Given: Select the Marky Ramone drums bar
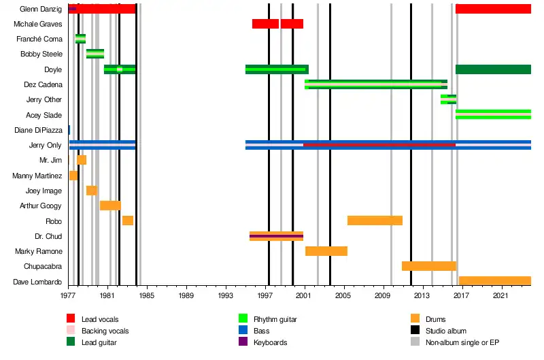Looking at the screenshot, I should (x=326, y=251).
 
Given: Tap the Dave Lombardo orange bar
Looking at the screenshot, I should (x=494, y=281).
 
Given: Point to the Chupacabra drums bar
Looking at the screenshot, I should (x=428, y=266).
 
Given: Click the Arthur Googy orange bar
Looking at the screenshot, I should (x=110, y=206).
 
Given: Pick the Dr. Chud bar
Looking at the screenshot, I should (x=276, y=236).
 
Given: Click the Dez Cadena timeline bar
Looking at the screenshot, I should (x=375, y=84).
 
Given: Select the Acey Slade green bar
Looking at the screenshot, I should (x=493, y=114).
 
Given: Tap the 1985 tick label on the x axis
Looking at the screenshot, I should (x=147, y=297).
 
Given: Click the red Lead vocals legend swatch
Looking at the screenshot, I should (x=71, y=318).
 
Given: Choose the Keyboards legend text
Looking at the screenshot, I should (x=270, y=342).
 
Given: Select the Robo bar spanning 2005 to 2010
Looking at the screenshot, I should (x=375, y=220).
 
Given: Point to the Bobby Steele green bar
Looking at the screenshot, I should (x=95, y=54).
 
